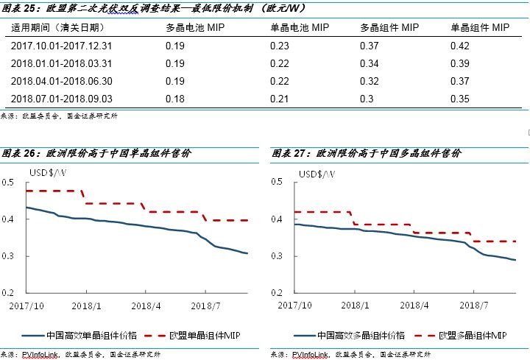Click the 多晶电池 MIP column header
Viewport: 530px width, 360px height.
click(x=194, y=28)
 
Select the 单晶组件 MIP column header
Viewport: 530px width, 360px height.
click(x=479, y=28)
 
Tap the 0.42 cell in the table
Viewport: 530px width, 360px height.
click(x=459, y=46)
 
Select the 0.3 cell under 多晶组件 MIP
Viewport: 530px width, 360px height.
click(x=366, y=99)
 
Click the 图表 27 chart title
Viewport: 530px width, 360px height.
click(x=367, y=154)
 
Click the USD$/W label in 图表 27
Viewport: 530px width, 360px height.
click(x=316, y=174)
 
